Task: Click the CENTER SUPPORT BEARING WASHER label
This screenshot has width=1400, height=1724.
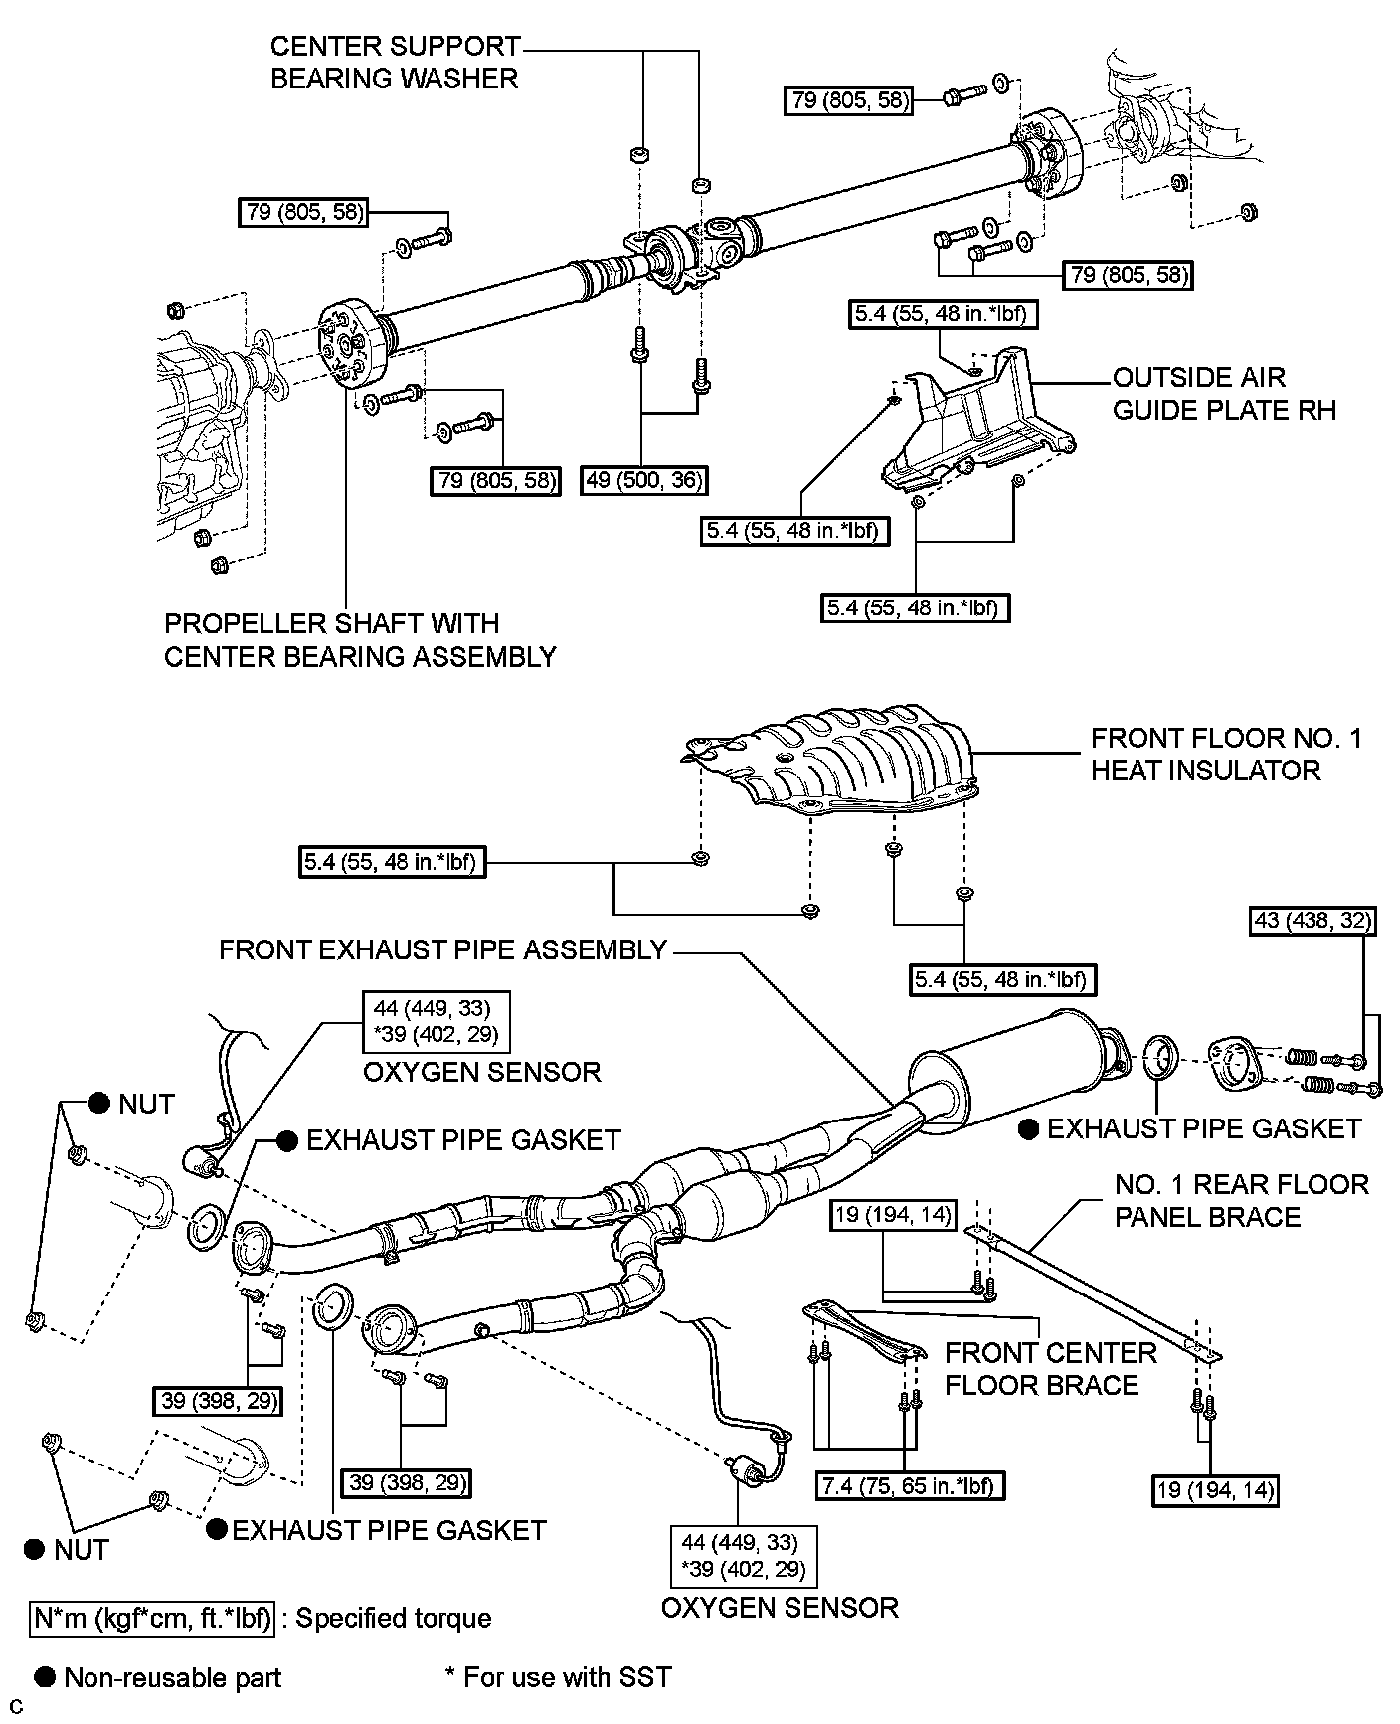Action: tap(395, 62)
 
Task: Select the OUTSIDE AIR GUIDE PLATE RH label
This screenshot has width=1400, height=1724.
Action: tap(1225, 393)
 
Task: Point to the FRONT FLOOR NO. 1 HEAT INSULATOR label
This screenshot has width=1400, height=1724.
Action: tap(1225, 754)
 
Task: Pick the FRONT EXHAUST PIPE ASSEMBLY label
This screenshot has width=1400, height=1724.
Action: tap(442, 949)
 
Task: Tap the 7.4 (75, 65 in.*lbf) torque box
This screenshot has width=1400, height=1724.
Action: tap(909, 1485)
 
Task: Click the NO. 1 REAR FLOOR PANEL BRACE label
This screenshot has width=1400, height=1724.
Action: tap(1241, 1200)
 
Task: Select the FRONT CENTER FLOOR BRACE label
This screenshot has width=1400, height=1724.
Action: tap(1050, 1369)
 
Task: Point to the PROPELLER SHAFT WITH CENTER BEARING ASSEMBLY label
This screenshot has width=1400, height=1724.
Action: tap(360, 640)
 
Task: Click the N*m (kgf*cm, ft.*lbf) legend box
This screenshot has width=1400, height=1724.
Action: tap(152, 1618)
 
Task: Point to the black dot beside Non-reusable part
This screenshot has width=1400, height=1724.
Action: tap(45, 1677)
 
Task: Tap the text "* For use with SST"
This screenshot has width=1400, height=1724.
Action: tap(558, 1677)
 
